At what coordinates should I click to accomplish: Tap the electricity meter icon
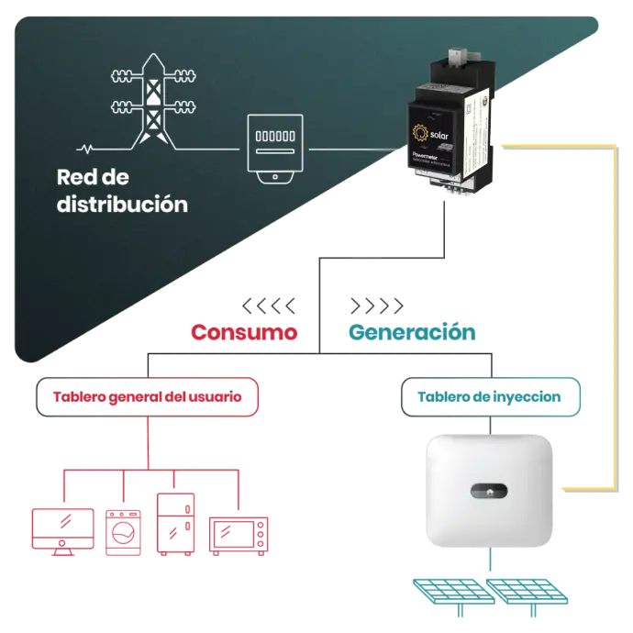click(x=274, y=150)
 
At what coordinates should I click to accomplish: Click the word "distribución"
click(x=122, y=203)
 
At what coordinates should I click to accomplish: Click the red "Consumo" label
click(x=245, y=333)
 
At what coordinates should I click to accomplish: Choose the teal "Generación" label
click(x=412, y=333)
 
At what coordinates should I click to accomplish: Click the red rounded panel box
click(x=146, y=398)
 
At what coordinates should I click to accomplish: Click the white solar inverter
click(x=491, y=487)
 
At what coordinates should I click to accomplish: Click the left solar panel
click(x=450, y=592)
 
